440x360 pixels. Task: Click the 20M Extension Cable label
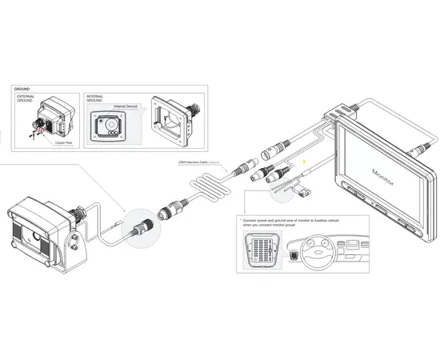[x=197, y=162]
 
